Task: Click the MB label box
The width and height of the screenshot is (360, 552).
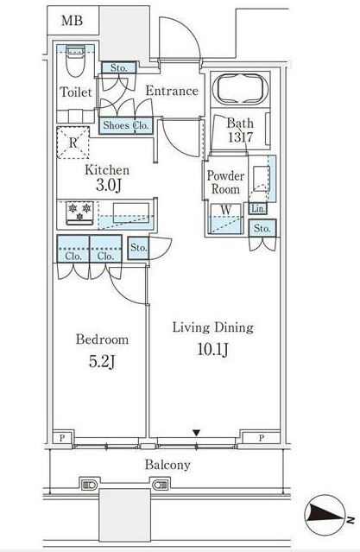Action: point(73,20)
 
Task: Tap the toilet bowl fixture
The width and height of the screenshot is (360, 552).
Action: point(76,60)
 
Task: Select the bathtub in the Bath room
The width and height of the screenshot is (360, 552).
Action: point(240,89)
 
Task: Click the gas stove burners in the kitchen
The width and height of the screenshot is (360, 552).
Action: point(79,213)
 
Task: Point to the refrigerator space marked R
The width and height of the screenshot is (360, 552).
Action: point(73,143)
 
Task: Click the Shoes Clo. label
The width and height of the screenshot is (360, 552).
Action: point(126,125)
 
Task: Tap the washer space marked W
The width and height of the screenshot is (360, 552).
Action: point(226,219)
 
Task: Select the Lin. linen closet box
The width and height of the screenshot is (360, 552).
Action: point(258,208)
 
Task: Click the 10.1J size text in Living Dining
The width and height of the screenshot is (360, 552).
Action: point(213,350)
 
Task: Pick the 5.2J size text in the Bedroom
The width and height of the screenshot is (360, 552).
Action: point(102,362)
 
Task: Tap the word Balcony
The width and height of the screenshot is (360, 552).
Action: point(167,465)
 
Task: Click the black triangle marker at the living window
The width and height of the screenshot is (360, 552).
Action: point(196,433)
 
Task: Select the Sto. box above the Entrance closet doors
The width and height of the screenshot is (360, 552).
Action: point(118,67)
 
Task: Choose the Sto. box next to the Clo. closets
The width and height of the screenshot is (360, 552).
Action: point(138,248)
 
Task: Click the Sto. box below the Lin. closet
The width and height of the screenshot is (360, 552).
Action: point(262,228)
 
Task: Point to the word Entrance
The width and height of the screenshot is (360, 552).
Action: point(172,91)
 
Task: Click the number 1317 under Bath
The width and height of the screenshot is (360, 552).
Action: point(240,137)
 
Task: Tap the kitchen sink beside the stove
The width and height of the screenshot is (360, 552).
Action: point(131,213)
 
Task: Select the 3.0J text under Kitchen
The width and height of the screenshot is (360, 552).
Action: point(109,185)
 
